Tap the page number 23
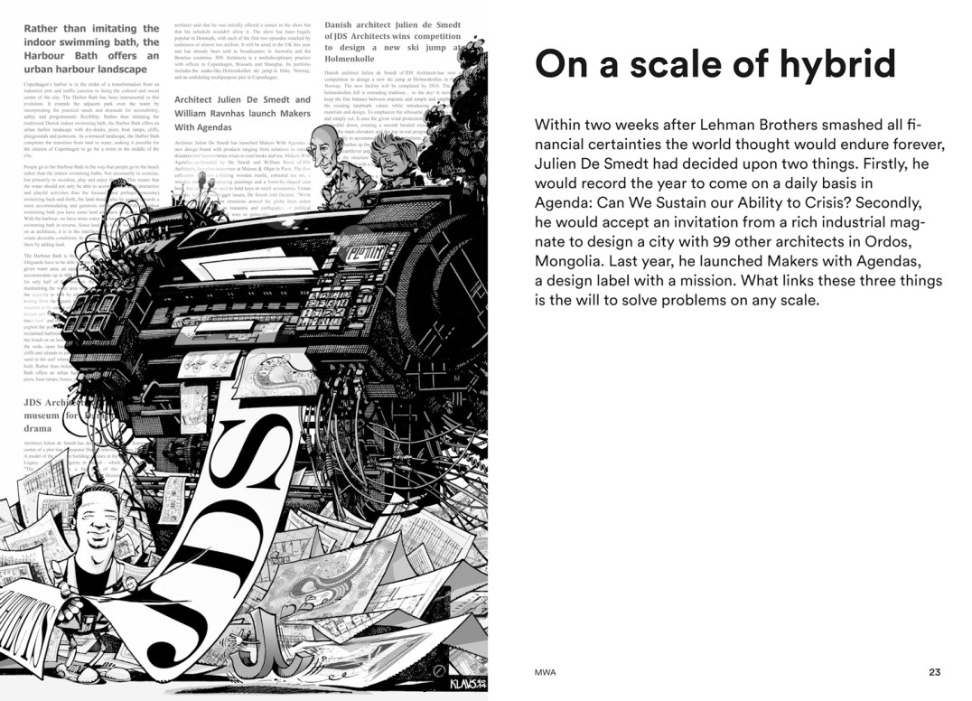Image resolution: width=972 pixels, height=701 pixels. click(934, 672)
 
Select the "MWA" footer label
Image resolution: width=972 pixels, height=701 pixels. click(545, 672)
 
